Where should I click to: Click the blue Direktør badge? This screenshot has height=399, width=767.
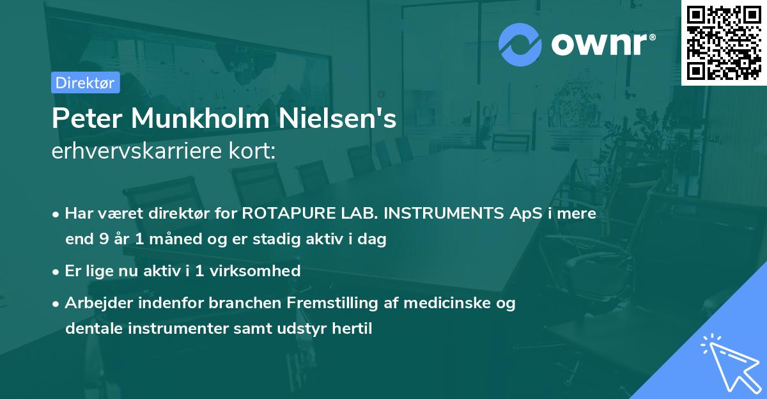(85, 82)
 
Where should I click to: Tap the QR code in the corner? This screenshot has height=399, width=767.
(724, 42)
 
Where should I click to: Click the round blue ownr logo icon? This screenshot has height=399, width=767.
(520, 45)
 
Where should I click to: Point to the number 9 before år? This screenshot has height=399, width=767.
(103, 240)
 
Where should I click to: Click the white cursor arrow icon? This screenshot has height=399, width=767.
(729, 362)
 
